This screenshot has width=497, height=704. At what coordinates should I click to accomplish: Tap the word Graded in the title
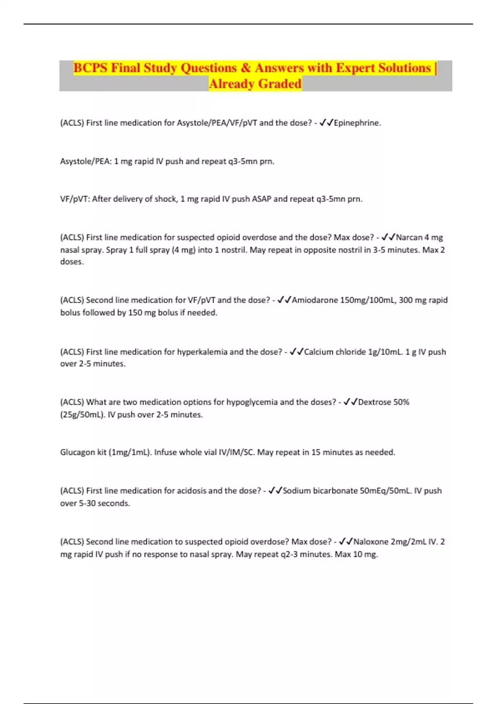coord(280,84)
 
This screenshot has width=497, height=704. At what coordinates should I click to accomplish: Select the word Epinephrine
coord(357,123)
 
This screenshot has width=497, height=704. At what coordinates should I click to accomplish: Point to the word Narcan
coord(409,238)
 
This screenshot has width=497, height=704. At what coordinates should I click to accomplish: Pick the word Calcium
coord(318,352)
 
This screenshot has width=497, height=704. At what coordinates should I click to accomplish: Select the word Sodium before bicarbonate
coord(297,491)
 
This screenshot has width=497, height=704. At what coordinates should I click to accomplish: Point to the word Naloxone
coord(371,542)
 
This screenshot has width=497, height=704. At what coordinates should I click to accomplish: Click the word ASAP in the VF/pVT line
coord(261,199)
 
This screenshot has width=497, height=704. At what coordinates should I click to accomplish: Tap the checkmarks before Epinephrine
coord(326,123)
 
